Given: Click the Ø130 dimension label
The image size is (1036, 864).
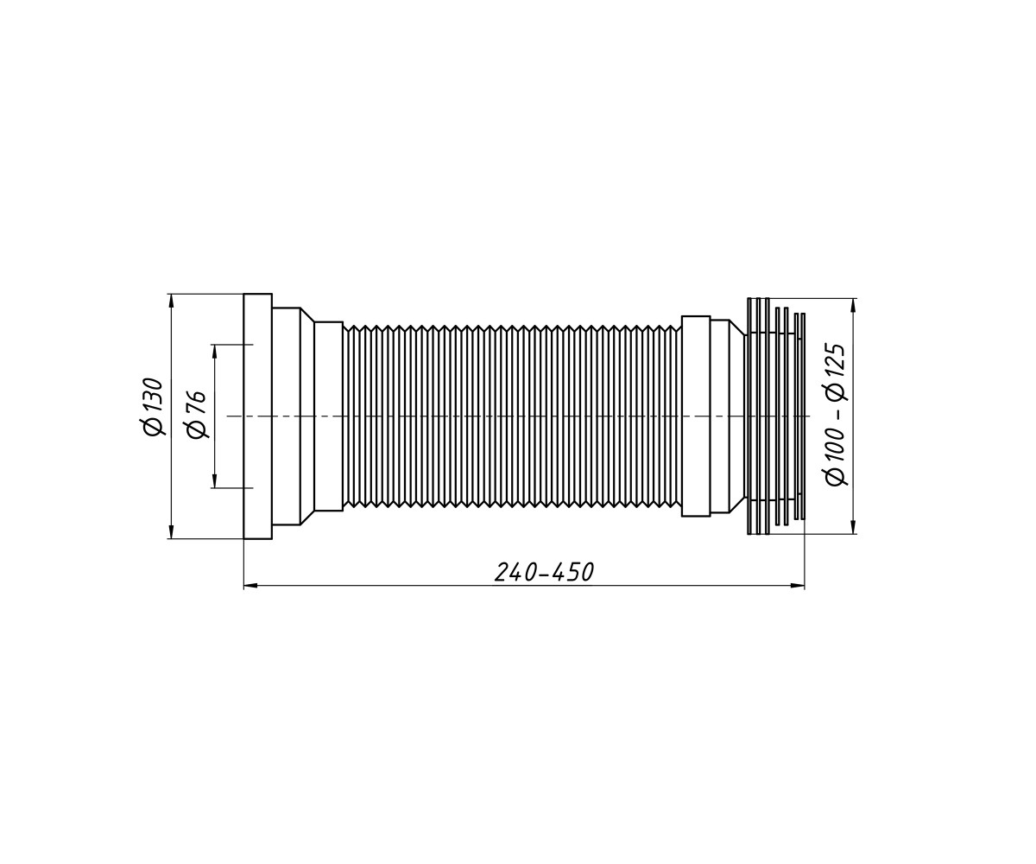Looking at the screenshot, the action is click(153, 407).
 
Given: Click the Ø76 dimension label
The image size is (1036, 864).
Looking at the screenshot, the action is click(196, 415).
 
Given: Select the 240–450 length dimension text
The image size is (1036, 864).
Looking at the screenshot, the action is click(544, 573).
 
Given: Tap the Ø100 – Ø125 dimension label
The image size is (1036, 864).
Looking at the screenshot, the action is click(837, 414).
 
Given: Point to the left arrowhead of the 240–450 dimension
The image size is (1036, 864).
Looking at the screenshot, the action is click(250, 587).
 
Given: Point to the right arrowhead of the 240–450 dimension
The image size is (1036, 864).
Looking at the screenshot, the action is click(798, 587).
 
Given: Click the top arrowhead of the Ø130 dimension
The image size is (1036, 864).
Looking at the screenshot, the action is click(171, 301).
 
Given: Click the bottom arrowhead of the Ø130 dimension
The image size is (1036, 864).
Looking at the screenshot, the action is click(171, 531).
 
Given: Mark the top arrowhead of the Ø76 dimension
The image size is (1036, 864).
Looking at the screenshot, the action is click(214, 352).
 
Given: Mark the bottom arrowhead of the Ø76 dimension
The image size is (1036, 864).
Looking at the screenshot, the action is click(214, 480).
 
